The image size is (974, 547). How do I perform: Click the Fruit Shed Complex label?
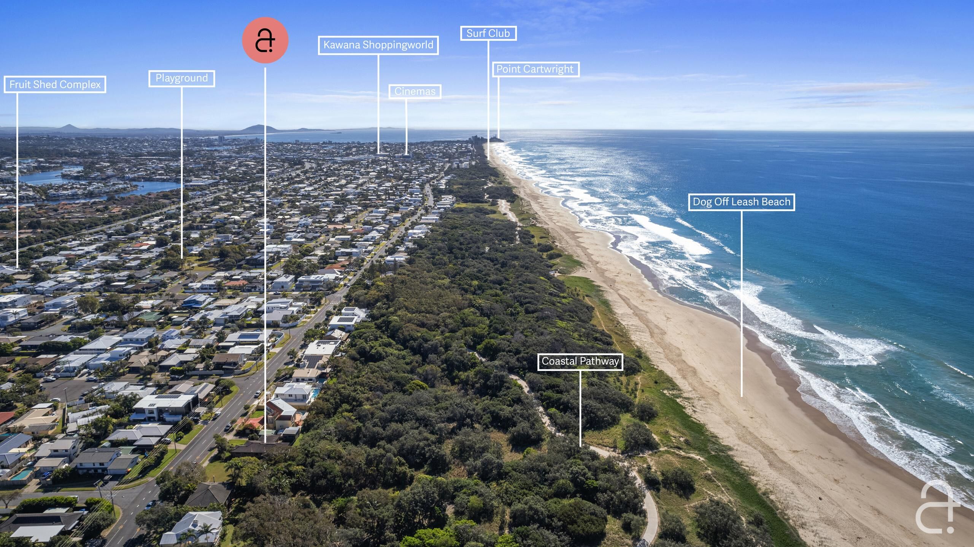click(55, 84)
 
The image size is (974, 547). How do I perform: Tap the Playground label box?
click(181, 78)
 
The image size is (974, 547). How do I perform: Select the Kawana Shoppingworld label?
click(378, 45)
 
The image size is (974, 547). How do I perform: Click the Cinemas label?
click(415, 92)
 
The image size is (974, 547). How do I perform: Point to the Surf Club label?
click(488, 33)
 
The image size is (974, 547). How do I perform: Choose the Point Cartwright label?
click(535, 69)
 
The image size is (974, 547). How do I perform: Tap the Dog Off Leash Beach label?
click(741, 202)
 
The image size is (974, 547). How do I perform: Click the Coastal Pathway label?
click(580, 361)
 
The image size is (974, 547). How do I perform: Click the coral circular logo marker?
click(265, 40)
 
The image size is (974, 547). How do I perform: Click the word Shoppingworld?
click(398, 45)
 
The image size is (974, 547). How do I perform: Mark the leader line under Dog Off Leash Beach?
click(741, 304)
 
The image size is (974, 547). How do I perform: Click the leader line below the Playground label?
click(181, 171)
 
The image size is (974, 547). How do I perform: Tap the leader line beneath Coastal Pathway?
click(580, 407)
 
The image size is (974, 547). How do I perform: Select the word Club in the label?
click(499, 33)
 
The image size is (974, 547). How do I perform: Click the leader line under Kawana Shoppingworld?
click(378, 103)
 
